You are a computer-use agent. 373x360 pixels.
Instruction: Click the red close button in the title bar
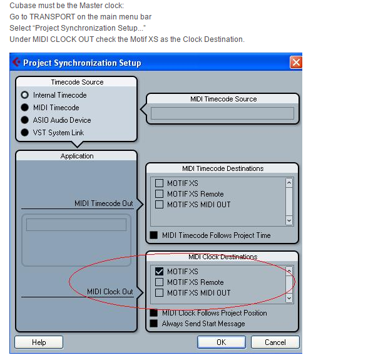[295, 63]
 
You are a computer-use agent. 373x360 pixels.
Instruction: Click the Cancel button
[275, 342]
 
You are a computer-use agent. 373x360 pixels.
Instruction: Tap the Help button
[39, 342]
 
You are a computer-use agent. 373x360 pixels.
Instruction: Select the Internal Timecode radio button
[25, 95]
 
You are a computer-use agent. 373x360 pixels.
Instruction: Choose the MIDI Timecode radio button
[25, 108]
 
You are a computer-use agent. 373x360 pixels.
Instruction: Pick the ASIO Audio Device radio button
[25, 120]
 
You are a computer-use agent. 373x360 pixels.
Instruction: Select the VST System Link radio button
[25, 133]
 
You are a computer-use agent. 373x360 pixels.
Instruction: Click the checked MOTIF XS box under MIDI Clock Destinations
[159, 272]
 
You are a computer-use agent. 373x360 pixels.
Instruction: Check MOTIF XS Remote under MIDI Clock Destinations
[159, 282]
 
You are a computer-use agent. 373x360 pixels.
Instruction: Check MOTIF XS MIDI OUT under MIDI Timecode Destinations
[159, 204]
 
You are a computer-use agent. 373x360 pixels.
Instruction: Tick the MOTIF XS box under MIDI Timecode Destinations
[159, 183]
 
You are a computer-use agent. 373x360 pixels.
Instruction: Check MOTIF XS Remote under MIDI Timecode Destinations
[159, 194]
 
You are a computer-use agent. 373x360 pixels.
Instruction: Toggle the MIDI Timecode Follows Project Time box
[154, 235]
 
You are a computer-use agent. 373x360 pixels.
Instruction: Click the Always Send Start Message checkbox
[154, 323]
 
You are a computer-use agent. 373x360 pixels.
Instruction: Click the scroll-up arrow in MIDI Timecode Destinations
[289, 183]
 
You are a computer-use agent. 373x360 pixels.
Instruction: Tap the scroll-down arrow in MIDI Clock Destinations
[289, 298]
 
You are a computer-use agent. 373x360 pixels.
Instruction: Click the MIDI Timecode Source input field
[222, 113]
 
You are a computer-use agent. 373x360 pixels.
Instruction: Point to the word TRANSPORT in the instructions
[53, 17]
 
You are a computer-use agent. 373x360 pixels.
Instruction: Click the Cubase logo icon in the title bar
[16, 63]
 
